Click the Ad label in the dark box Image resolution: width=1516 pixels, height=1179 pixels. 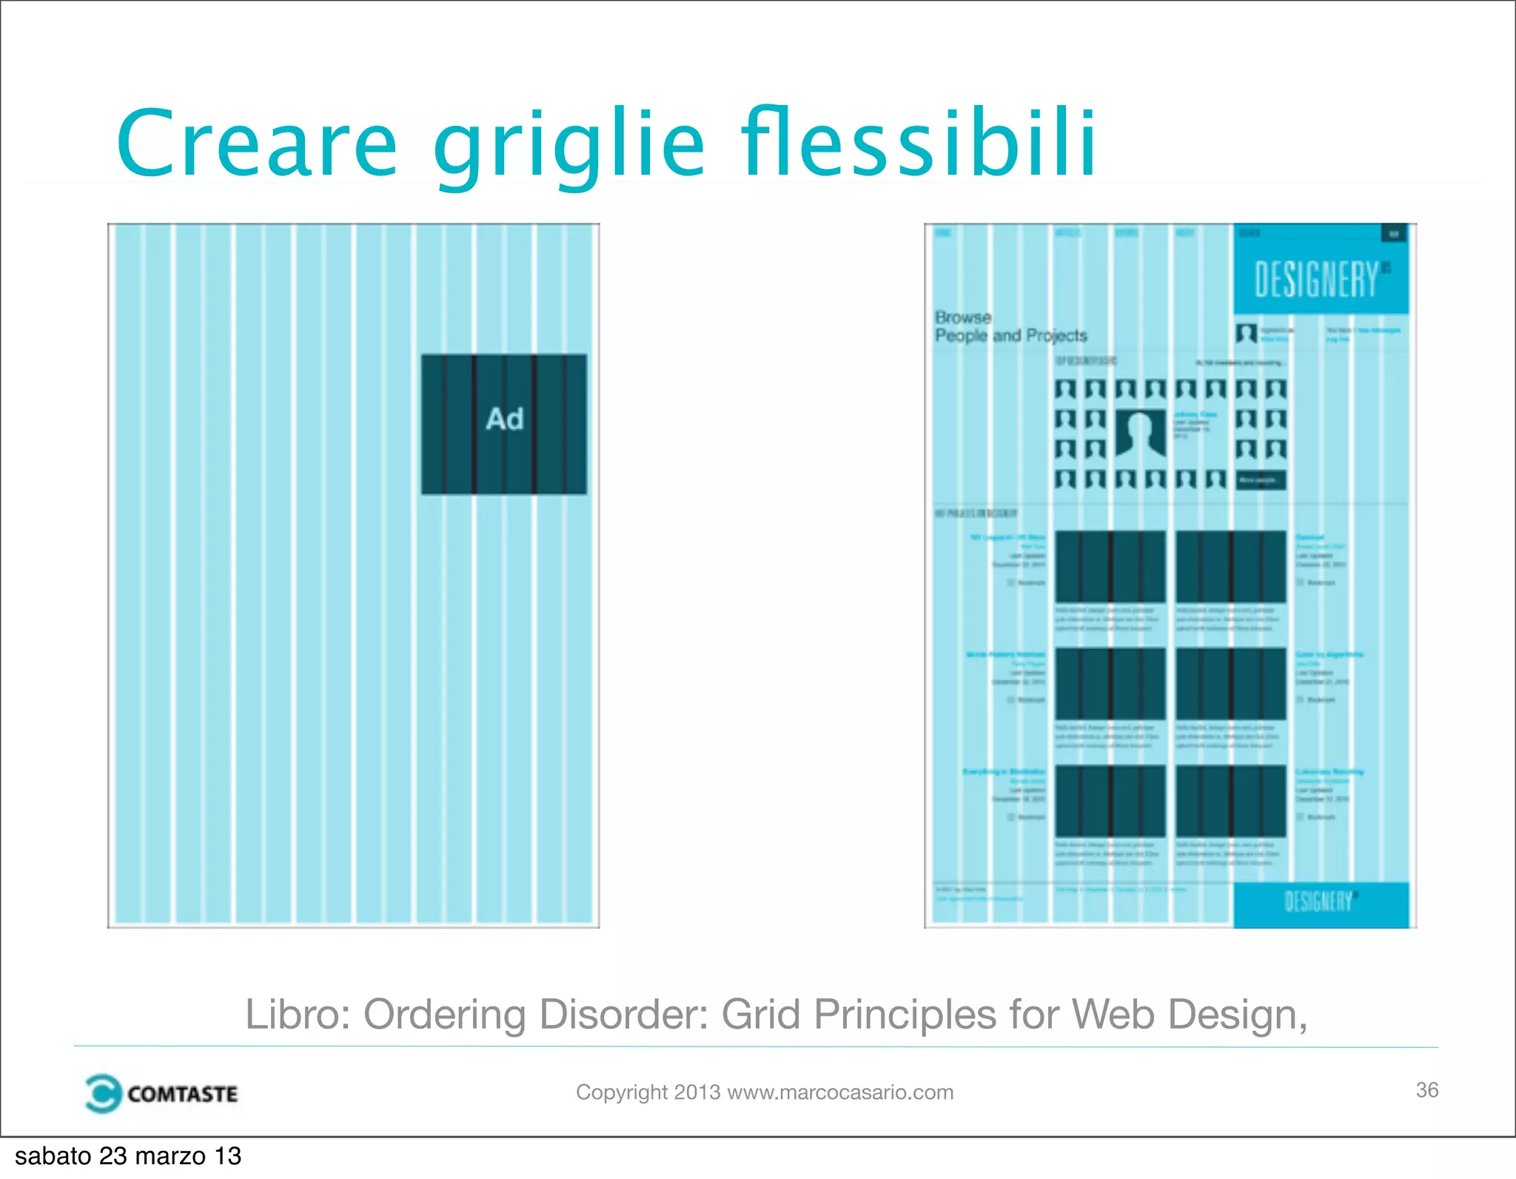(x=504, y=420)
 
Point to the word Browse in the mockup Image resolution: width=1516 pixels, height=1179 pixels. (x=962, y=318)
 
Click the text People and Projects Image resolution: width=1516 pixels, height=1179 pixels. (x=1010, y=336)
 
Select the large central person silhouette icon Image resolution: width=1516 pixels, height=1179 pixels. (x=1140, y=433)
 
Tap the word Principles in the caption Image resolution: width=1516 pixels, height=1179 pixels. (x=905, y=1014)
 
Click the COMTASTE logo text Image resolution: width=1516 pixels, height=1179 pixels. (x=182, y=1094)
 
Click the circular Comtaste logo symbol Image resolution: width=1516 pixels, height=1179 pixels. (x=102, y=1093)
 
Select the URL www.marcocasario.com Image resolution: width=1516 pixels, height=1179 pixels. (x=840, y=1092)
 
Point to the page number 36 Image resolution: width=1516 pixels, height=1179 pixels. (x=1426, y=1090)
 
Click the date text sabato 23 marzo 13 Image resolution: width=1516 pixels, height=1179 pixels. (x=128, y=1156)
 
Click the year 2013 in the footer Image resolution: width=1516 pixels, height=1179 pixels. (x=697, y=1092)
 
